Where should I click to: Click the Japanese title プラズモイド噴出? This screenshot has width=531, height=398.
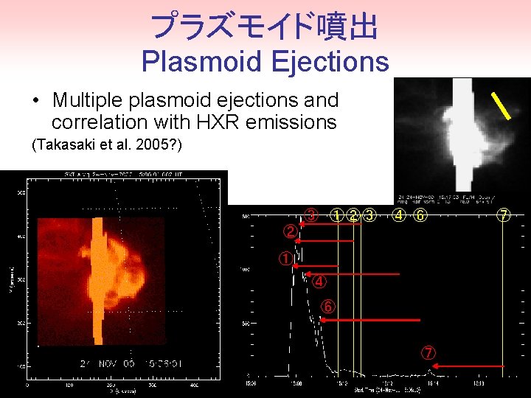pyautogui.click(x=264, y=27)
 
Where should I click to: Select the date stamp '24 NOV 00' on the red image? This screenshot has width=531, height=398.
pyautogui.click(x=104, y=362)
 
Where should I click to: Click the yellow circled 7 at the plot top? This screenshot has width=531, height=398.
pyautogui.click(x=504, y=216)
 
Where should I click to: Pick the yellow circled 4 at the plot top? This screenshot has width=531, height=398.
pyautogui.click(x=399, y=216)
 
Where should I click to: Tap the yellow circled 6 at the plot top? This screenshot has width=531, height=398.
pyautogui.click(x=420, y=216)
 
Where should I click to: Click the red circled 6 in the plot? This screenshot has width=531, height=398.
pyautogui.click(x=328, y=306)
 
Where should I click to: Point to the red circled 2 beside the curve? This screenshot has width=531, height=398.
pyautogui.click(x=291, y=231)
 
